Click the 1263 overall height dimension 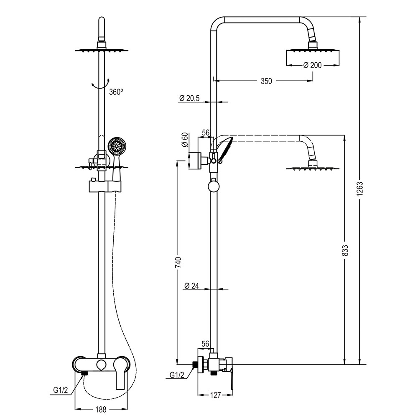click(x=359, y=189)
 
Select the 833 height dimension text click(x=345, y=250)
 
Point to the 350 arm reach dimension click(x=266, y=81)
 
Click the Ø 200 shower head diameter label click(x=312, y=65)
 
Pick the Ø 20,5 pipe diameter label click(x=189, y=98)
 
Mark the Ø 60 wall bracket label click(x=185, y=140)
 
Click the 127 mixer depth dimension click(x=215, y=395)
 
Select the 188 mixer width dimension click(x=101, y=409)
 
